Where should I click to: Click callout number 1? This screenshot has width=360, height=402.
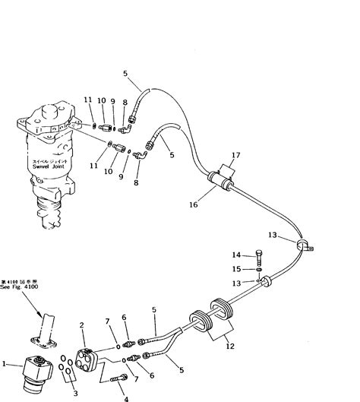click(6, 364)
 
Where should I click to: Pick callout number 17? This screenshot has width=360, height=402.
click(236, 156)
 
